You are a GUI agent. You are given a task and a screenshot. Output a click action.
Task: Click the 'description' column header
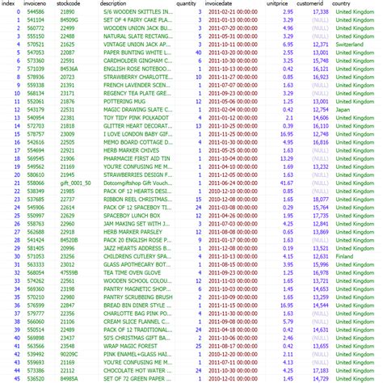(118, 5)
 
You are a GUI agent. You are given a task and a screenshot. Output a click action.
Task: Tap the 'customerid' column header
(311, 5)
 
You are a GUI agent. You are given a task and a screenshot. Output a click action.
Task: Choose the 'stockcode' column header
(68, 5)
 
